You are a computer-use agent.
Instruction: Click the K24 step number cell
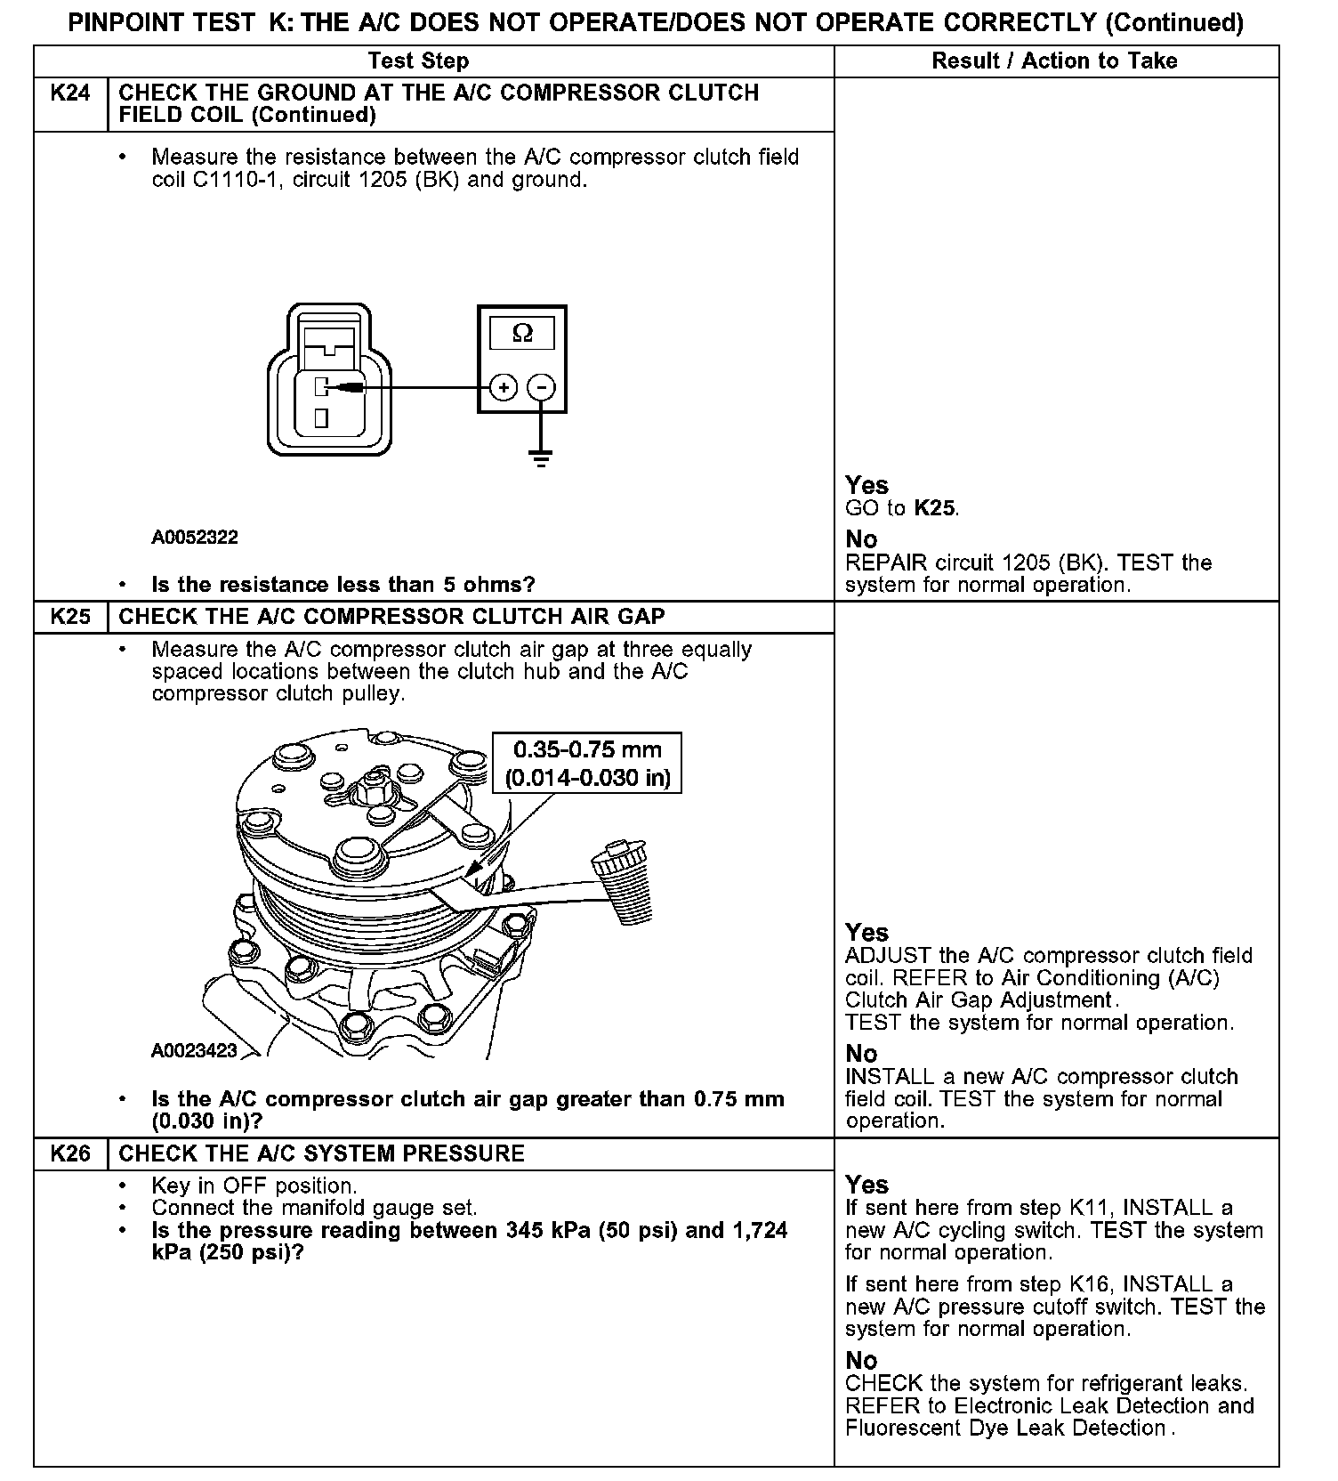click(x=70, y=93)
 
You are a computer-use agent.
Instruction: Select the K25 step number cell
click(x=70, y=617)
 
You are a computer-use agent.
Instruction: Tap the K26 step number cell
click(x=70, y=1153)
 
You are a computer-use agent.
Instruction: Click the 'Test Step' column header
click(x=418, y=61)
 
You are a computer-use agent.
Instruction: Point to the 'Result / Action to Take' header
click(x=1054, y=61)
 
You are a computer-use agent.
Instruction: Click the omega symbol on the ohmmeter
click(x=522, y=334)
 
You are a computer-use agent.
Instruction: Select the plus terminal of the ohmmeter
click(x=504, y=387)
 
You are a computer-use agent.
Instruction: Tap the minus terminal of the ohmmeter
click(x=541, y=387)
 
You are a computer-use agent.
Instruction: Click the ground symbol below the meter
click(x=540, y=457)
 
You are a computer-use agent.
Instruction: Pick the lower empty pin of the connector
click(x=321, y=417)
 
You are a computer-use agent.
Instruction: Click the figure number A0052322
click(x=195, y=538)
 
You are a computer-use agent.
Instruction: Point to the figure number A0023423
click(x=195, y=1051)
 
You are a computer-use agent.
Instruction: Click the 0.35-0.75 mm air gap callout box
click(x=587, y=764)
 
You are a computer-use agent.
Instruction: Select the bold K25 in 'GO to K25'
click(x=935, y=509)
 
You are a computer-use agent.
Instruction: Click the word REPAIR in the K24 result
click(x=885, y=562)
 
